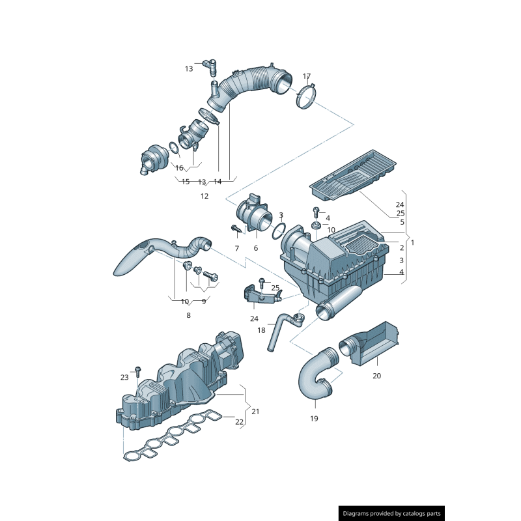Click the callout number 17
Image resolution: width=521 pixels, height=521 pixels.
(306, 76)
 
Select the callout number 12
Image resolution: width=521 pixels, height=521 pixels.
(204, 196)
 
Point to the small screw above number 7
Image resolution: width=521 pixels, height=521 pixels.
(236, 229)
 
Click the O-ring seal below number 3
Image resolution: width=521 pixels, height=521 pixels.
(279, 231)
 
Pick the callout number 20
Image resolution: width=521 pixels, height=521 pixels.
(376, 376)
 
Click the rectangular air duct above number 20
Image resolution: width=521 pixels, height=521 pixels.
(369, 343)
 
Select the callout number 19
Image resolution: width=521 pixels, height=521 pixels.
(314, 418)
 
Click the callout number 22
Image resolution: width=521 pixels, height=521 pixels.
(239, 421)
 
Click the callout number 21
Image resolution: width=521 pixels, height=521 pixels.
(255, 412)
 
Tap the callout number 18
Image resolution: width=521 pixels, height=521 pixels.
(262, 330)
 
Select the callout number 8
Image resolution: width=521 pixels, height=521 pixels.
(188, 315)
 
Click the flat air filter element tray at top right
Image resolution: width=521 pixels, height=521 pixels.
(353, 175)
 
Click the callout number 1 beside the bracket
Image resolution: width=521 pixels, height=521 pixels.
(413, 242)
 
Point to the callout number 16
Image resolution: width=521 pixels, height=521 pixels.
(179, 168)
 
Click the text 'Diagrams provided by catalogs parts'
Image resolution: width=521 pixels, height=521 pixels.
(392, 513)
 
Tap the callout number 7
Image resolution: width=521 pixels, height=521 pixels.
(236, 248)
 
